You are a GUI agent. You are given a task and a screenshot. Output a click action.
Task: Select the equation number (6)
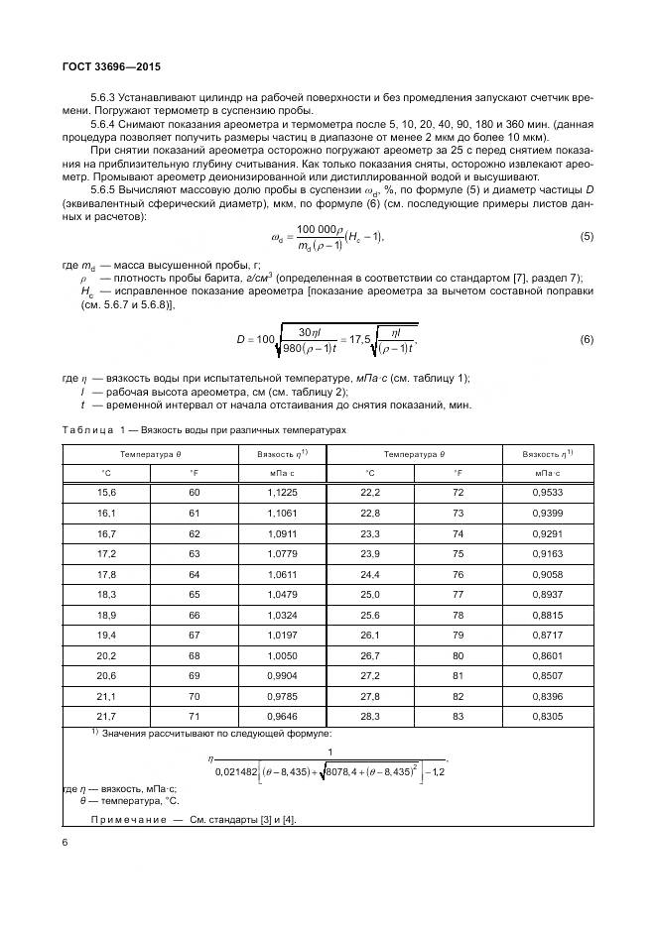point(586,339)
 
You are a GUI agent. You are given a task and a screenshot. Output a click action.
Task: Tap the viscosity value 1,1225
point(282,492)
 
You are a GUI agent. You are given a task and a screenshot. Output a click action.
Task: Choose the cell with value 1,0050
point(282,654)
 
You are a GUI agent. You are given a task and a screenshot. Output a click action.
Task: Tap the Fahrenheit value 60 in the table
point(195,492)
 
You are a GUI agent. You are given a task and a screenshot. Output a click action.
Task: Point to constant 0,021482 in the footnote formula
point(240,771)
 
